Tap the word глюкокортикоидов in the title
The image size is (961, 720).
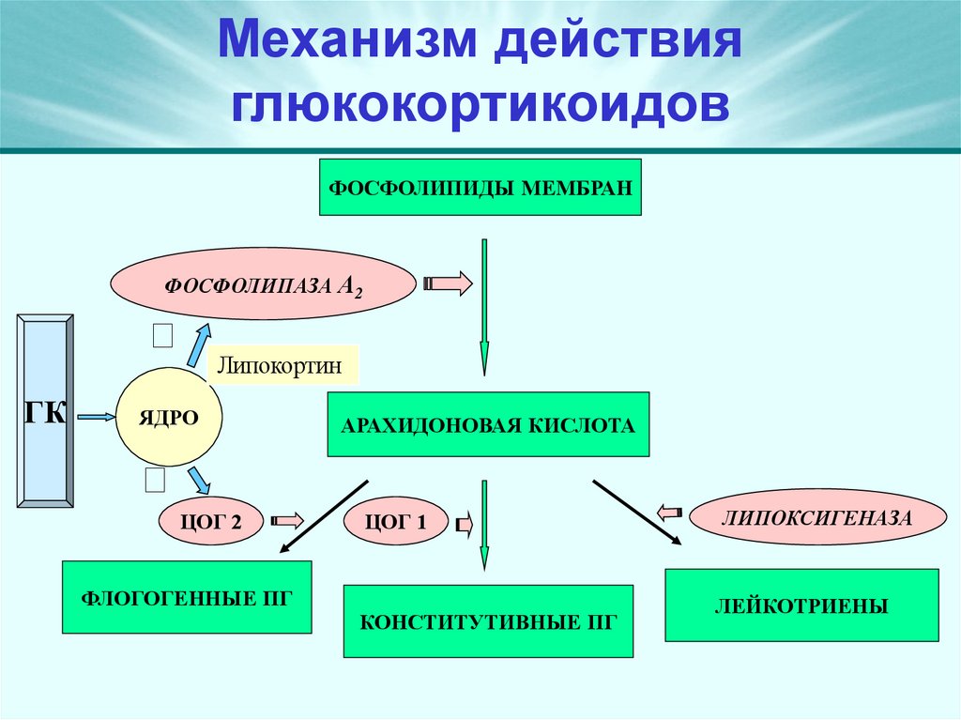click(x=480, y=104)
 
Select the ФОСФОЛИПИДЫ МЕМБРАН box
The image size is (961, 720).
click(x=481, y=187)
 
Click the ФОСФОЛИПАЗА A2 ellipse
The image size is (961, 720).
click(x=263, y=284)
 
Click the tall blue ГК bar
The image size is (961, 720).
click(x=45, y=411)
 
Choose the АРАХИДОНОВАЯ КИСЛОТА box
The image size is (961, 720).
click(x=488, y=424)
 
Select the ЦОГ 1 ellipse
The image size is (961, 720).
click(x=398, y=523)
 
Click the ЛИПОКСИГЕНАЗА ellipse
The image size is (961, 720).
click(x=816, y=515)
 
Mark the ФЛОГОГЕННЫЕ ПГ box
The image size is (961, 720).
click(x=187, y=597)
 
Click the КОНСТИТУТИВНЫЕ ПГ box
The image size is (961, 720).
click(x=488, y=620)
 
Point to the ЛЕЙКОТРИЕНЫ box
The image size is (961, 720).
click(x=801, y=605)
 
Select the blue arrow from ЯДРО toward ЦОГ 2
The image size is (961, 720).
click(x=198, y=479)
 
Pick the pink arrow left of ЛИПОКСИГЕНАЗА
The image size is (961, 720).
click(x=670, y=513)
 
